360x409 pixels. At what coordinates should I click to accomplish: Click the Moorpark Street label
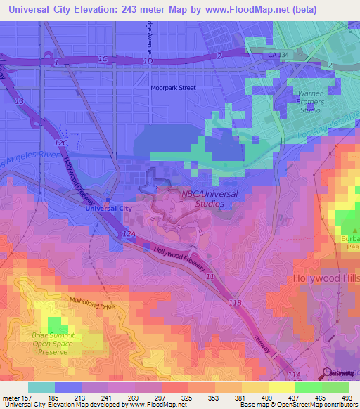pyautogui.click(x=173, y=88)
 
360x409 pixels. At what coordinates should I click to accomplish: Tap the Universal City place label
pyautogui.click(x=108, y=209)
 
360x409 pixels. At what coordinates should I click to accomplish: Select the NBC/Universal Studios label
pyautogui.click(x=210, y=199)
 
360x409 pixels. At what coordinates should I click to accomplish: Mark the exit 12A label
pyautogui.click(x=127, y=232)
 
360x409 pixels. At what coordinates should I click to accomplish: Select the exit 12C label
pyautogui.click(x=62, y=143)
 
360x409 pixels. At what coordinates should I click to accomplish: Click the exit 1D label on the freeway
pyautogui.click(x=148, y=61)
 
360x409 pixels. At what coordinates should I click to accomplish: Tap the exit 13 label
pyautogui.click(x=19, y=102)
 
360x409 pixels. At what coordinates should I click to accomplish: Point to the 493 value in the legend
pyautogui.click(x=348, y=398)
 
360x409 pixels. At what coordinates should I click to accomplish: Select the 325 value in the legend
pyautogui.click(x=188, y=398)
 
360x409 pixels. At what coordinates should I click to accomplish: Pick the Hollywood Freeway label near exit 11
pyautogui.click(x=179, y=258)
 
